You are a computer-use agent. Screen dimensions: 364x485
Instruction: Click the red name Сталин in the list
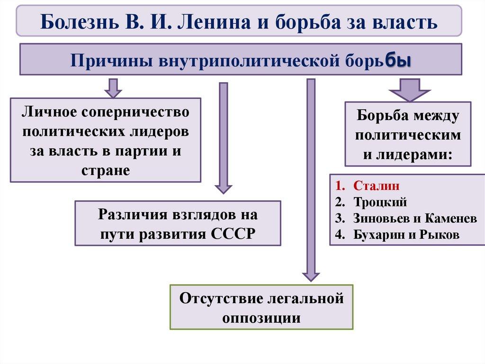coord(377,186)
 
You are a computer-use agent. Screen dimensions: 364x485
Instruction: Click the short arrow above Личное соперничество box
coord(113,88)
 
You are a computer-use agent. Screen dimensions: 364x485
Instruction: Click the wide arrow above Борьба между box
coord(409,90)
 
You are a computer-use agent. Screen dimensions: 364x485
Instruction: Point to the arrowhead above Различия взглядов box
coord(224,187)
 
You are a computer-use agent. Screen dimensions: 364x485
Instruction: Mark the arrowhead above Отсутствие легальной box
coord(311,275)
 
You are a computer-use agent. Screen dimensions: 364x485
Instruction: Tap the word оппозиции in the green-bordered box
coord(261,317)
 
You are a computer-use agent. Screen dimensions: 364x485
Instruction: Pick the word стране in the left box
coord(106,170)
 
